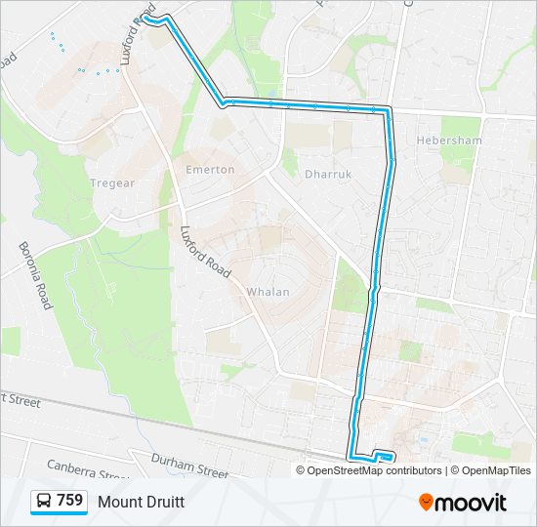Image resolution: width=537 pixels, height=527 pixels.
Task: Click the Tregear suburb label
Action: point(112,183)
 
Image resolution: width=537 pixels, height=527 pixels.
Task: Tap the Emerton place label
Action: point(210,170)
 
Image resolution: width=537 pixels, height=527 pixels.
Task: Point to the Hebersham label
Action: point(449,141)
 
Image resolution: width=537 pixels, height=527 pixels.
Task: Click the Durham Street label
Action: point(188,464)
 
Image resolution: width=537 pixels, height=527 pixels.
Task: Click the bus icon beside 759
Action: point(44,502)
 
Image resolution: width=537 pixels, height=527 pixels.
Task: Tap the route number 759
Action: point(69,501)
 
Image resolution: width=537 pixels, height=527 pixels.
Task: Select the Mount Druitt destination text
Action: point(141,502)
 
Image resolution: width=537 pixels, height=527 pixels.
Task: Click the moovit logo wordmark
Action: point(472,503)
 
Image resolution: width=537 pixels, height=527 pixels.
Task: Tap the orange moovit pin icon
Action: point(427,503)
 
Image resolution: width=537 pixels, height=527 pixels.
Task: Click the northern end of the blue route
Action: point(146,18)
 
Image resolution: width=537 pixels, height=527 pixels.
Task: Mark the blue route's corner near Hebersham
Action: point(388,111)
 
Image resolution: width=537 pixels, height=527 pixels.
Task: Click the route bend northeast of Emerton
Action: point(224,100)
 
